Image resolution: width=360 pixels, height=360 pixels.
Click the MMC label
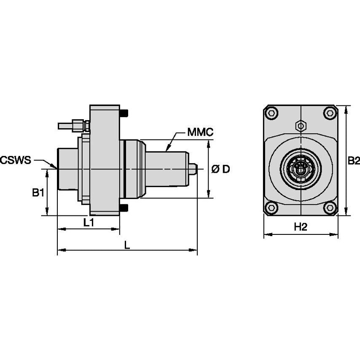click(200, 132)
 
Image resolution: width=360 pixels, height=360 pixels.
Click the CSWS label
click(16, 160)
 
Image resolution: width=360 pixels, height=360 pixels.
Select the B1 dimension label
click(38, 193)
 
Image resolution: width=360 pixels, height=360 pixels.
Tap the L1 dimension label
click(88, 223)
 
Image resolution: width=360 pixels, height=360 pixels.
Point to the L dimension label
click(127, 244)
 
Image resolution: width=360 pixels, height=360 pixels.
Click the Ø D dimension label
click(220, 169)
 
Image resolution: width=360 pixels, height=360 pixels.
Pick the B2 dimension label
click(353, 161)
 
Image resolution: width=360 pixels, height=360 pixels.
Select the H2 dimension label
click(300, 227)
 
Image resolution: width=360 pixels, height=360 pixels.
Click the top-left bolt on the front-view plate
click(272, 113)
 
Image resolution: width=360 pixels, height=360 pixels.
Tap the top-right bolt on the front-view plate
click(330, 113)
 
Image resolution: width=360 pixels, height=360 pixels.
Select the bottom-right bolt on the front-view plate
click(330, 207)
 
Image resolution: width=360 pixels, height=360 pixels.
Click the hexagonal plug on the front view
click(300, 125)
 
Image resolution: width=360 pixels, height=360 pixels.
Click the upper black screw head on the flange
click(124, 113)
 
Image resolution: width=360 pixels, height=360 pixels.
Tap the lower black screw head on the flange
click(124, 208)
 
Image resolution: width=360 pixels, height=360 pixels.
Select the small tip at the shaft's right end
click(193, 169)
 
